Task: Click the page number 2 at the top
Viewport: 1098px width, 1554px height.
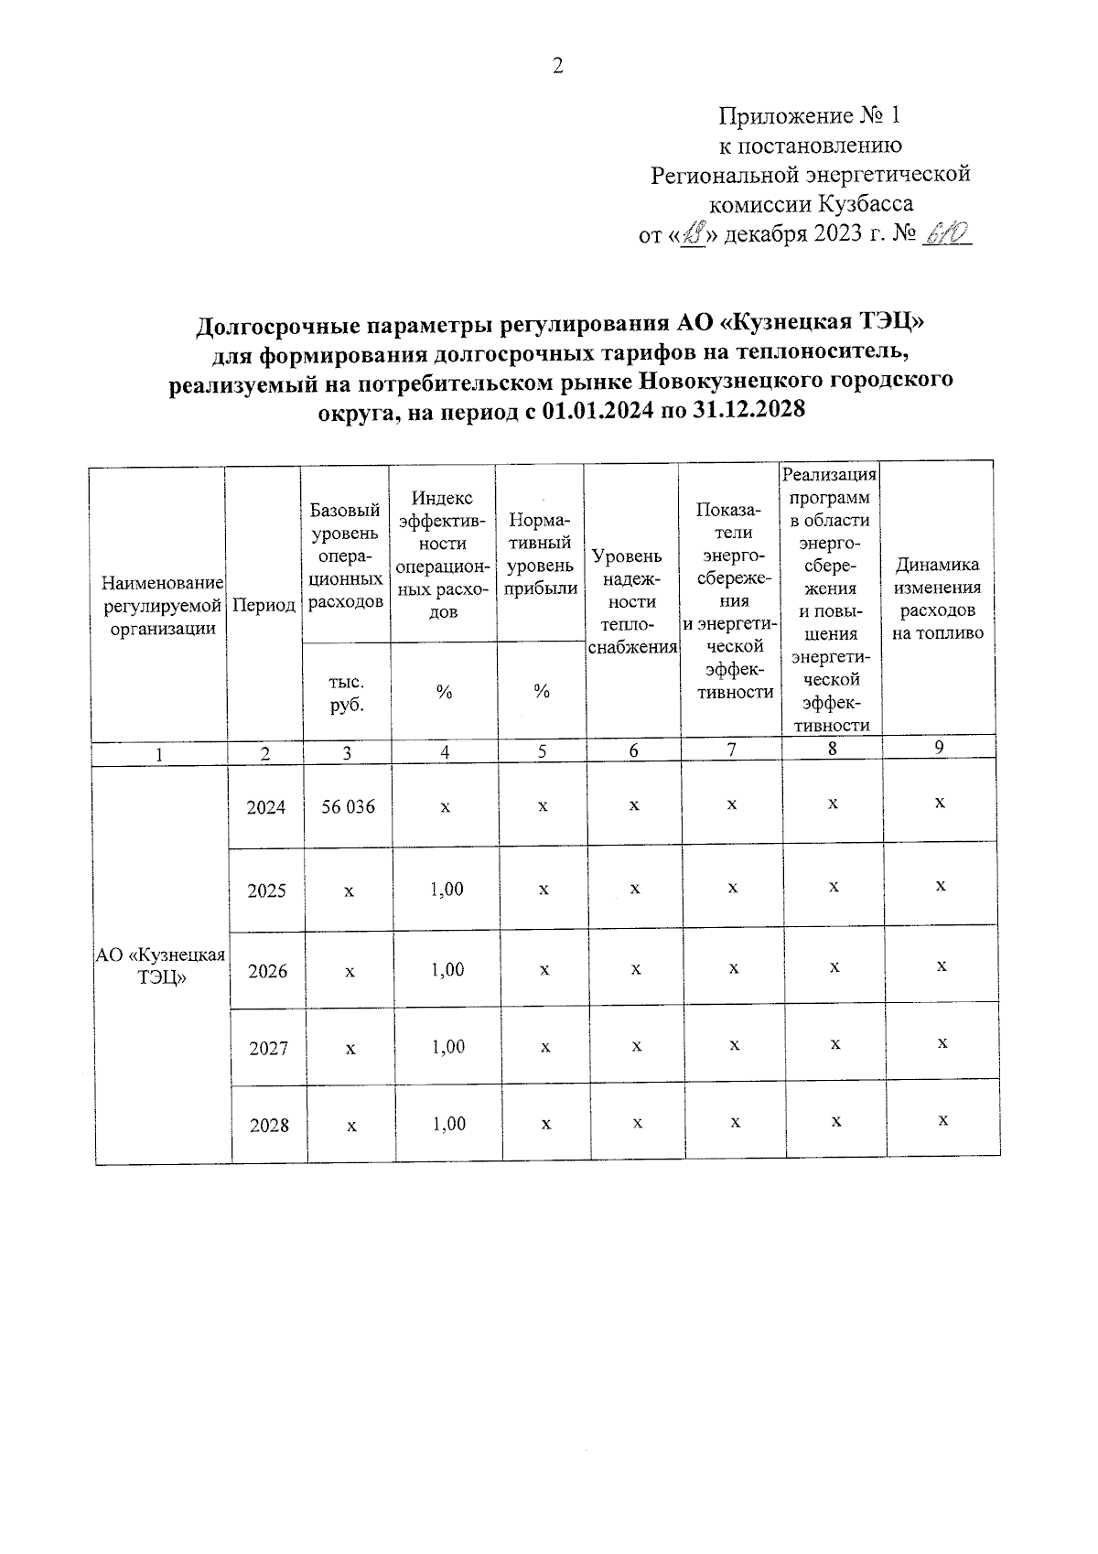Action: point(557,66)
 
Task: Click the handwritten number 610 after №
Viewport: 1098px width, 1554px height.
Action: point(947,234)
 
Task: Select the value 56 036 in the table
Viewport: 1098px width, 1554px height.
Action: point(349,807)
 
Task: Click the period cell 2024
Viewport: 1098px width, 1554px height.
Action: point(266,807)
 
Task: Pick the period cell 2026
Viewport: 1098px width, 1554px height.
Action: point(267,971)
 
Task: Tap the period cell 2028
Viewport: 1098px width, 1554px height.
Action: point(269,1126)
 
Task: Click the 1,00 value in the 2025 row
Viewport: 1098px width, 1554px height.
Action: point(447,890)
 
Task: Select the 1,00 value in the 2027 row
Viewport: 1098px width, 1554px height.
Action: point(448,1047)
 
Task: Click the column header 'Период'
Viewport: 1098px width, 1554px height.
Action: point(264,605)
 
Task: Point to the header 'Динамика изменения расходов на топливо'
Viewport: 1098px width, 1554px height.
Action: point(938,599)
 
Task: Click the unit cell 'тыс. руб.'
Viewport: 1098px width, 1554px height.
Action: point(347,693)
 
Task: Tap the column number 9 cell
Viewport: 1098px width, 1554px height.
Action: point(939,747)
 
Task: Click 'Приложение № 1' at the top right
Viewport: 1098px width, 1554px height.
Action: point(810,116)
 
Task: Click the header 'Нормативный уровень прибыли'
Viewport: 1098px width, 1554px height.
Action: point(541,555)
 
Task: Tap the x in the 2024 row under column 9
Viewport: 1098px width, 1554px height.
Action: point(940,803)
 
